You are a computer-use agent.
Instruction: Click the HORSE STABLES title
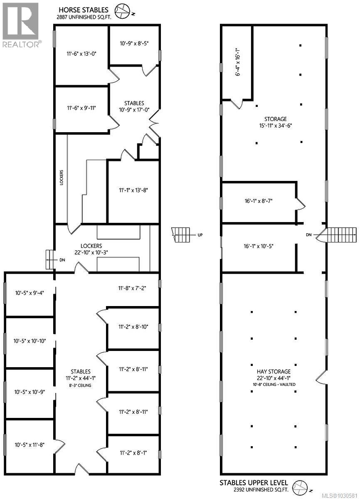[83, 9]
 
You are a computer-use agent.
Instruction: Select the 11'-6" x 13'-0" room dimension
[81, 53]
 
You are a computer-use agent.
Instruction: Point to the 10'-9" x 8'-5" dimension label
[134, 43]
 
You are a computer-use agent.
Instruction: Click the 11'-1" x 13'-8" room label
[133, 190]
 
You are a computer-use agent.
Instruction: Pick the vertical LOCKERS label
[62, 177]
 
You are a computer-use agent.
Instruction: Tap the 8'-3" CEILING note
[81, 385]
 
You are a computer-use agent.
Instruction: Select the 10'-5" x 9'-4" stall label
[29, 292]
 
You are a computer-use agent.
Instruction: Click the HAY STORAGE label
[273, 371]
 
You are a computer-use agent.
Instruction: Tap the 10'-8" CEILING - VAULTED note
[273, 385]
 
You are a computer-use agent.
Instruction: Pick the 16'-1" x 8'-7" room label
[258, 201]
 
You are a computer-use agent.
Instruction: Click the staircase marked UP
[181, 235]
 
